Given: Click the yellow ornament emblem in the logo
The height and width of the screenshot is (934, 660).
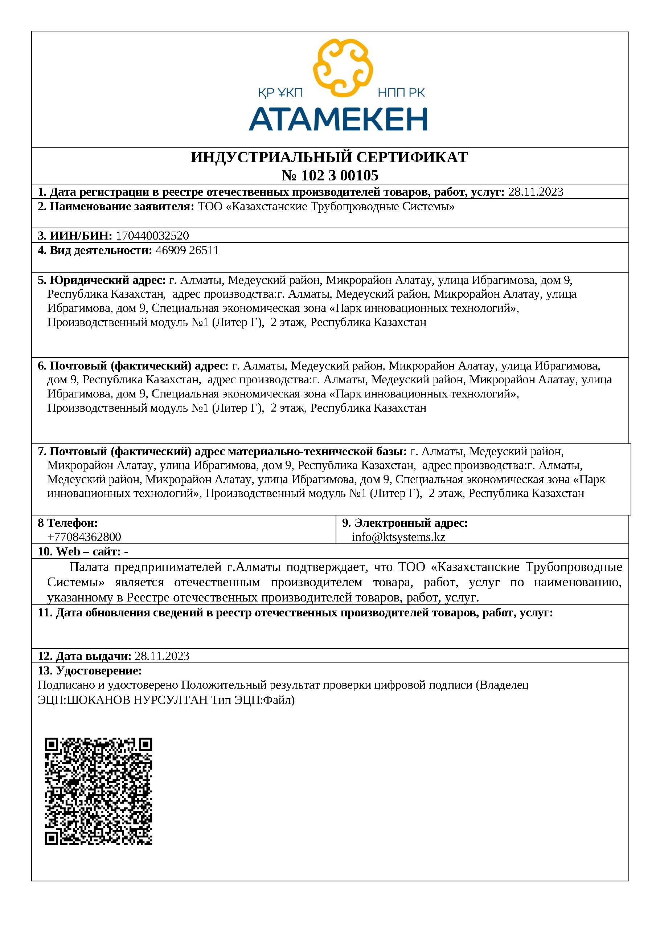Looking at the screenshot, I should pyautogui.click(x=343, y=68).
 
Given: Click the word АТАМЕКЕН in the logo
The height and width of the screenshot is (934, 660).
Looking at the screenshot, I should pyautogui.click(x=338, y=119).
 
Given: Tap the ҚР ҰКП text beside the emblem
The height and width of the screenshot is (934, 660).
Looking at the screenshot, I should pyautogui.click(x=280, y=93).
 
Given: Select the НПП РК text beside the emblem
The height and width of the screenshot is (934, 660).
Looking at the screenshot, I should pyautogui.click(x=401, y=93).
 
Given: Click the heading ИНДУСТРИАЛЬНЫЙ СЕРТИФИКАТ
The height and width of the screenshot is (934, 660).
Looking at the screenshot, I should pyautogui.click(x=329, y=157).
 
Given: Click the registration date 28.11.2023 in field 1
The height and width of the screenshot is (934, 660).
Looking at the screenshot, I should pyautogui.click(x=536, y=192).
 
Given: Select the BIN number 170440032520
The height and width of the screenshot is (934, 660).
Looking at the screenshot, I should pyautogui.click(x=152, y=236).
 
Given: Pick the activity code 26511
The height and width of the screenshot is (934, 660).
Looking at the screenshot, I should pyautogui.click(x=204, y=250).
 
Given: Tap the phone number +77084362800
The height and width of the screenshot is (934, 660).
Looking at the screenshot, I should pyautogui.click(x=84, y=537).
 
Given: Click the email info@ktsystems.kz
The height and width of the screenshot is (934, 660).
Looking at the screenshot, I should pyautogui.click(x=398, y=537).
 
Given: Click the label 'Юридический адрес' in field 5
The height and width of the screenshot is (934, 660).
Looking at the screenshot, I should pyautogui.click(x=107, y=280).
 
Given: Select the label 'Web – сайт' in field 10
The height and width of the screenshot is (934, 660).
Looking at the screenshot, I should pyautogui.click(x=88, y=552).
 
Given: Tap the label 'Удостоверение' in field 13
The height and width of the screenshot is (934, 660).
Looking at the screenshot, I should pyautogui.click(x=98, y=670).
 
